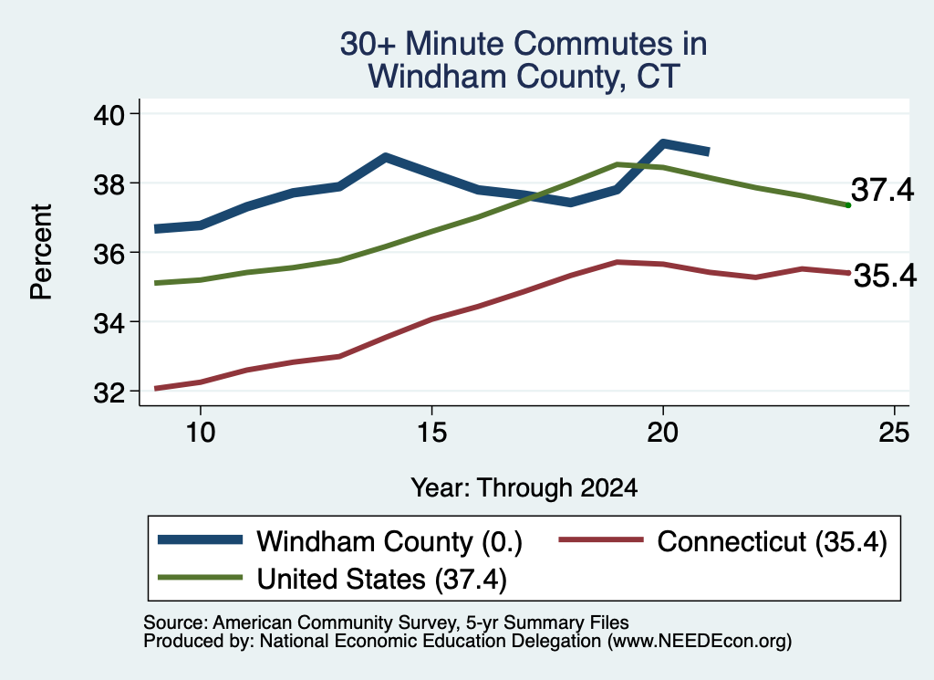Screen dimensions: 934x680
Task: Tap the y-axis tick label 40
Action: coord(109,114)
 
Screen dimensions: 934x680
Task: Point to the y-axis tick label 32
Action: coord(109,392)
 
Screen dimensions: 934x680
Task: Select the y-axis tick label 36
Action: coord(109,253)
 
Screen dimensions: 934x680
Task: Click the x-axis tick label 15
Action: coord(431,432)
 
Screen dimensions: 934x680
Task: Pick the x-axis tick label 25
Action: coord(894,432)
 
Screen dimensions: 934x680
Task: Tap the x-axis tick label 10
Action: coord(200,432)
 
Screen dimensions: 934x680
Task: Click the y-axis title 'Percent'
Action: coord(42,252)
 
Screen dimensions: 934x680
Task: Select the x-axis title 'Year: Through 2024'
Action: coord(524,487)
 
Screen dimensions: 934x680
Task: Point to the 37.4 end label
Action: coord(882,190)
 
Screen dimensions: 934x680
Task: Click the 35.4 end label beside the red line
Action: coord(885,276)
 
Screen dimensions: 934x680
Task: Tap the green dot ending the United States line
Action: coord(848,205)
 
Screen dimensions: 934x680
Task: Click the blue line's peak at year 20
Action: coord(663,143)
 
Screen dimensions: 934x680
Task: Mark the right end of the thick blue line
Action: coord(709,152)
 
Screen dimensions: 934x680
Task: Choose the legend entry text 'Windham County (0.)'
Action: coord(389,541)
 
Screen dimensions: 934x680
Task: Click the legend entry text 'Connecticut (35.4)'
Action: coord(773,541)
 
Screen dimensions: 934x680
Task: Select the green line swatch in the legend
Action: coord(200,578)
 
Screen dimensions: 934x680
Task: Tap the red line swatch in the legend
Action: coord(601,539)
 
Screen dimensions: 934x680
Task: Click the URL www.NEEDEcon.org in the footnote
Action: coord(699,642)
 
